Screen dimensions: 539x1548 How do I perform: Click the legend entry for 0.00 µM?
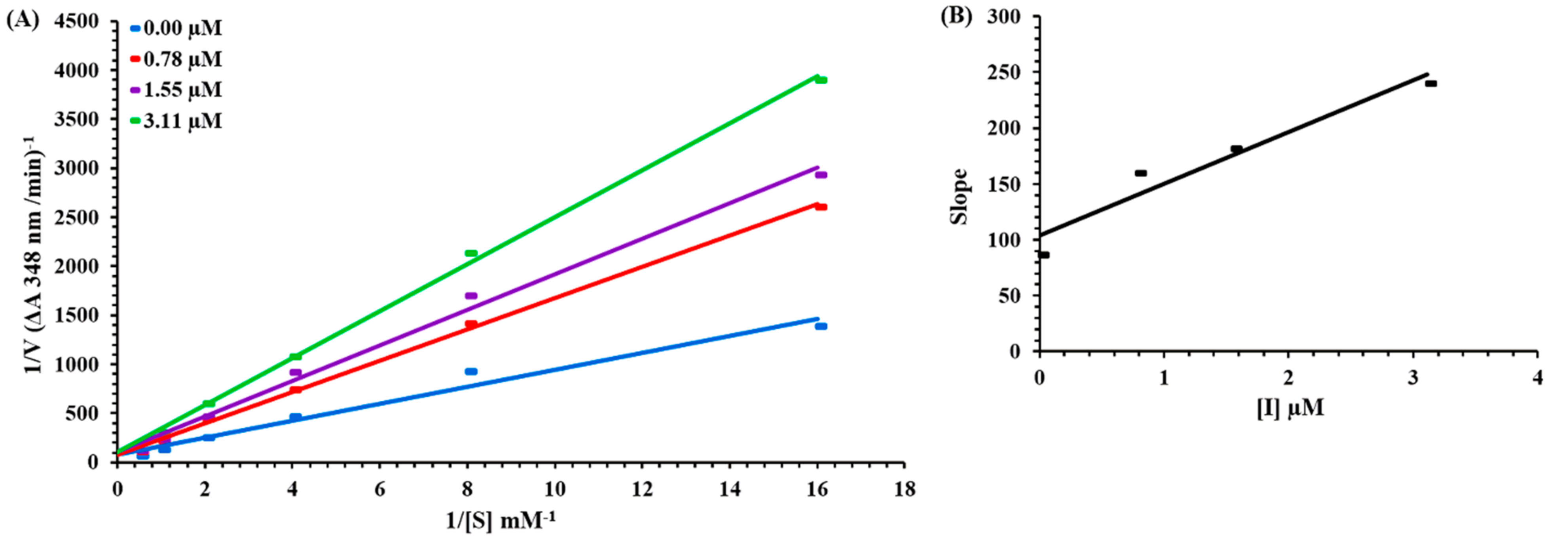pos(176,28)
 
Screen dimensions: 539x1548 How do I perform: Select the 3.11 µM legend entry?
pos(176,121)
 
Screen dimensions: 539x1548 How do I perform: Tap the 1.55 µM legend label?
pos(176,90)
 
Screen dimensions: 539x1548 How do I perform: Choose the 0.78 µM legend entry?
pos(176,59)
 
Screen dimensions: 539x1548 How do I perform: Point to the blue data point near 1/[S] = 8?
pos(471,371)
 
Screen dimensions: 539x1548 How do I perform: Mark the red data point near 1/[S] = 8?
pos(471,324)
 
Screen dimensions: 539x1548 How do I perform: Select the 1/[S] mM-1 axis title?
pos(505,521)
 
